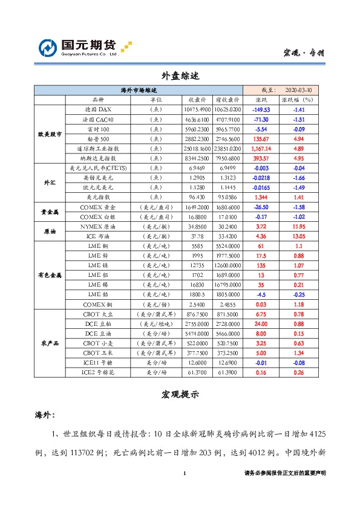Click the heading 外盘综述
click(179, 76)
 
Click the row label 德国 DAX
click(98, 109)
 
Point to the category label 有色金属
click(50, 275)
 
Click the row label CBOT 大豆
click(98, 314)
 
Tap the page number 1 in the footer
click(183, 473)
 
